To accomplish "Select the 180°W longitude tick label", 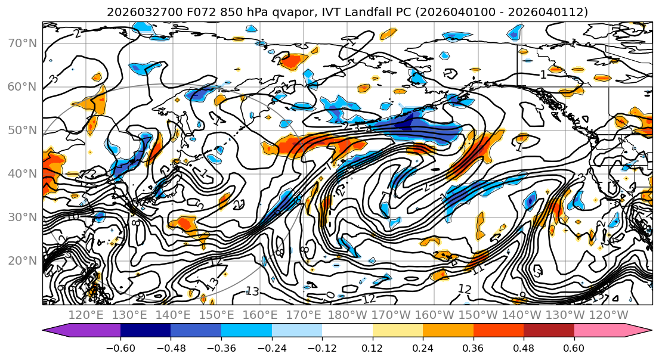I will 346,315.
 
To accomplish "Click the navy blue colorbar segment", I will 146,331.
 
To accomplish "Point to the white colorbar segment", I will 347,331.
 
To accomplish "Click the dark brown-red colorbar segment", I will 549,331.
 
